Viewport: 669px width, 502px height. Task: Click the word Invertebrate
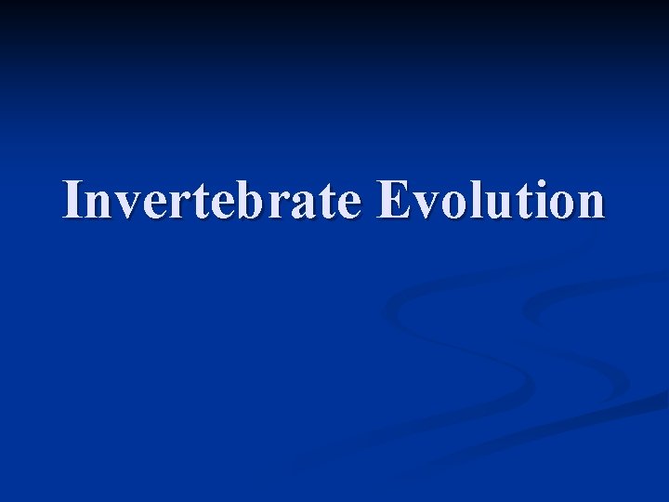click(212, 201)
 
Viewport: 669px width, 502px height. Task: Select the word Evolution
click(491, 201)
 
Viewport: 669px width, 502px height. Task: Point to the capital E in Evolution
click(396, 200)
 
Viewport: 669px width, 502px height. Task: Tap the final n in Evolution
click(587, 205)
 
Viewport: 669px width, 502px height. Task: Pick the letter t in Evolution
click(518, 202)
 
